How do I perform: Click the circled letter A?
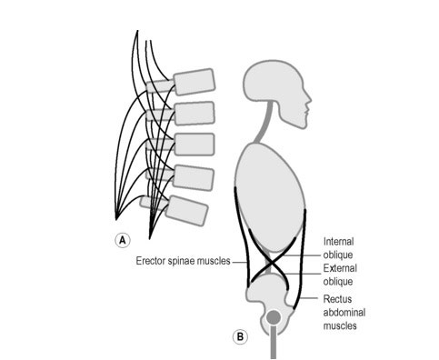[x=120, y=240]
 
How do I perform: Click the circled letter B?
[x=240, y=336]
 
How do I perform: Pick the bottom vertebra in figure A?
[x=187, y=210]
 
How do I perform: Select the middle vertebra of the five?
[x=194, y=145]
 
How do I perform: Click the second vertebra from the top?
[x=194, y=114]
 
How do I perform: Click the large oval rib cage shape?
[x=269, y=195]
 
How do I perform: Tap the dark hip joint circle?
[x=272, y=318]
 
